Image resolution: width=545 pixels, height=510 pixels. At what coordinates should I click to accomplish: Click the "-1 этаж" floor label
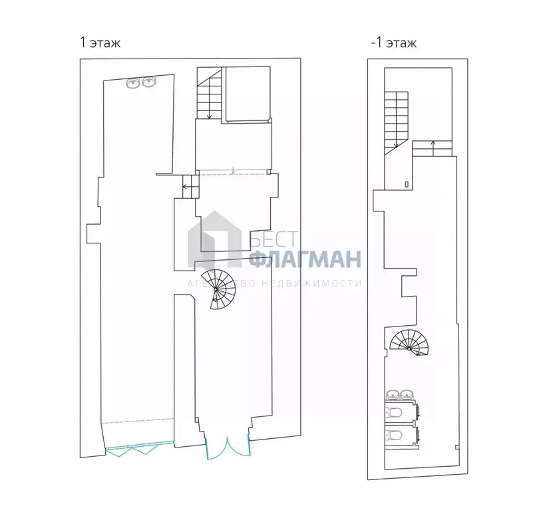pos(393,44)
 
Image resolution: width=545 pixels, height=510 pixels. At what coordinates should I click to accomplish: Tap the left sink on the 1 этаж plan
pos(134,82)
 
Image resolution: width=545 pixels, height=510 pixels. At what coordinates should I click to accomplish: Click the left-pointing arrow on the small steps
pos(186,187)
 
